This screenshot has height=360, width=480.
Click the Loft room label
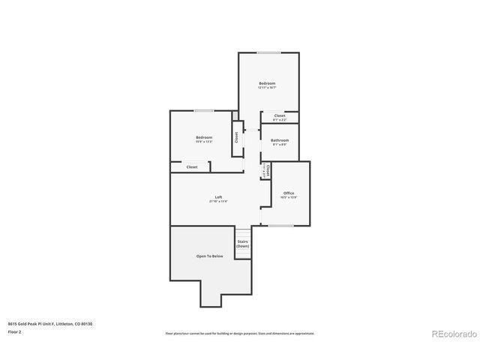coord(218,196)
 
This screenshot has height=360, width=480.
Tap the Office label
coord(289,193)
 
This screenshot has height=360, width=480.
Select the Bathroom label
coord(280,140)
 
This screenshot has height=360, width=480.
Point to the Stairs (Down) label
coord(242,244)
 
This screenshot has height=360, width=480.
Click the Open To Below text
coord(210,256)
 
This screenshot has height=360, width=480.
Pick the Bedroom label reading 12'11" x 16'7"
coord(268,83)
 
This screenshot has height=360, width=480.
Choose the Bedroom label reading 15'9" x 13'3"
coord(204,137)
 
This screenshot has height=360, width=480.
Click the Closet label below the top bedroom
coord(280,115)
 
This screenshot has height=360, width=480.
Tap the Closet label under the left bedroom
coord(192,166)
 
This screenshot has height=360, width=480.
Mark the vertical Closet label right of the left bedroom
coord(237,138)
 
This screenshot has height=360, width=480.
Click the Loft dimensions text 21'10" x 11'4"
coord(218,201)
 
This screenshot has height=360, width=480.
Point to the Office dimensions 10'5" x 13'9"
coord(289,197)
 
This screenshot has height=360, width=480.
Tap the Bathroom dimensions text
coord(280,145)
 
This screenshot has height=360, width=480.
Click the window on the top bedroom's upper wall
coord(269,52)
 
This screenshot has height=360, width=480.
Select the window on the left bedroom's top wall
coord(204,111)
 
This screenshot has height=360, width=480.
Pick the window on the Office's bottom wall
coord(281,225)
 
